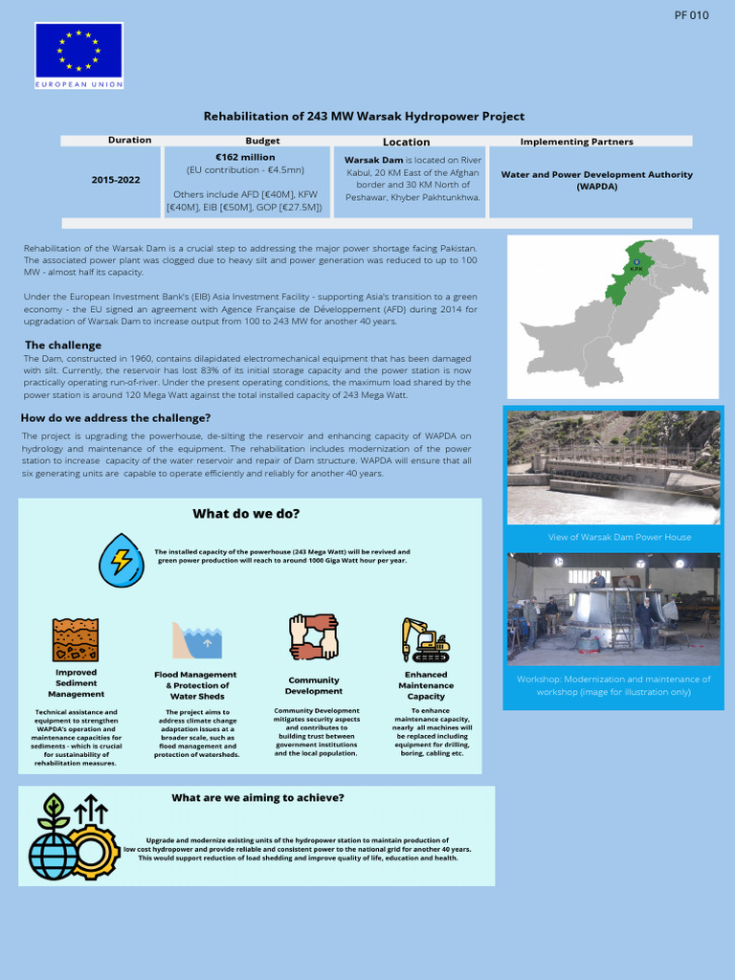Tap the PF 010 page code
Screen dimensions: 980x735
(691, 15)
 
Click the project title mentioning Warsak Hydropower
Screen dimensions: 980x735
(364, 116)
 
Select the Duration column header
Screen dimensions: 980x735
(129, 141)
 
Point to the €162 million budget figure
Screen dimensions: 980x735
(245, 157)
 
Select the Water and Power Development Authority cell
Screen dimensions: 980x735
(596, 180)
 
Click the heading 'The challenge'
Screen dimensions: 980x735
(63, 345)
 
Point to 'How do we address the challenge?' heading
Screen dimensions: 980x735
(116, 418)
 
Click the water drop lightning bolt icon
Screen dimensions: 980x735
(122, 560)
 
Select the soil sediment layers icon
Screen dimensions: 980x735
(76, 639)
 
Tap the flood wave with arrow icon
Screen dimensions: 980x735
(196, 640)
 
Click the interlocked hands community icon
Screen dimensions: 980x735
(313, 637)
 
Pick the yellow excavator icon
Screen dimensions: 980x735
(425, 639)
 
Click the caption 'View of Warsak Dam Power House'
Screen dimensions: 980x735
(619, 537)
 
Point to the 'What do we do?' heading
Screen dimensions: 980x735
(246, 514)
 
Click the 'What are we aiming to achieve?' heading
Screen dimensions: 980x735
(257, 798)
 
